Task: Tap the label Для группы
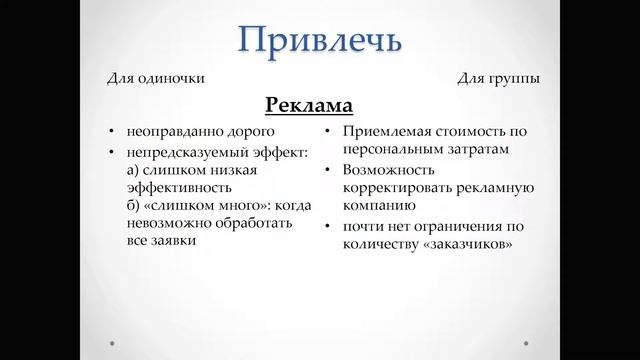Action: coord(496,79)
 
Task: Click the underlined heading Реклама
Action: coord(310,104)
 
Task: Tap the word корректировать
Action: coord(396,188)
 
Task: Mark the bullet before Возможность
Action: coord(330,170)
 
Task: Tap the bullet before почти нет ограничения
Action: coord(330,226)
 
